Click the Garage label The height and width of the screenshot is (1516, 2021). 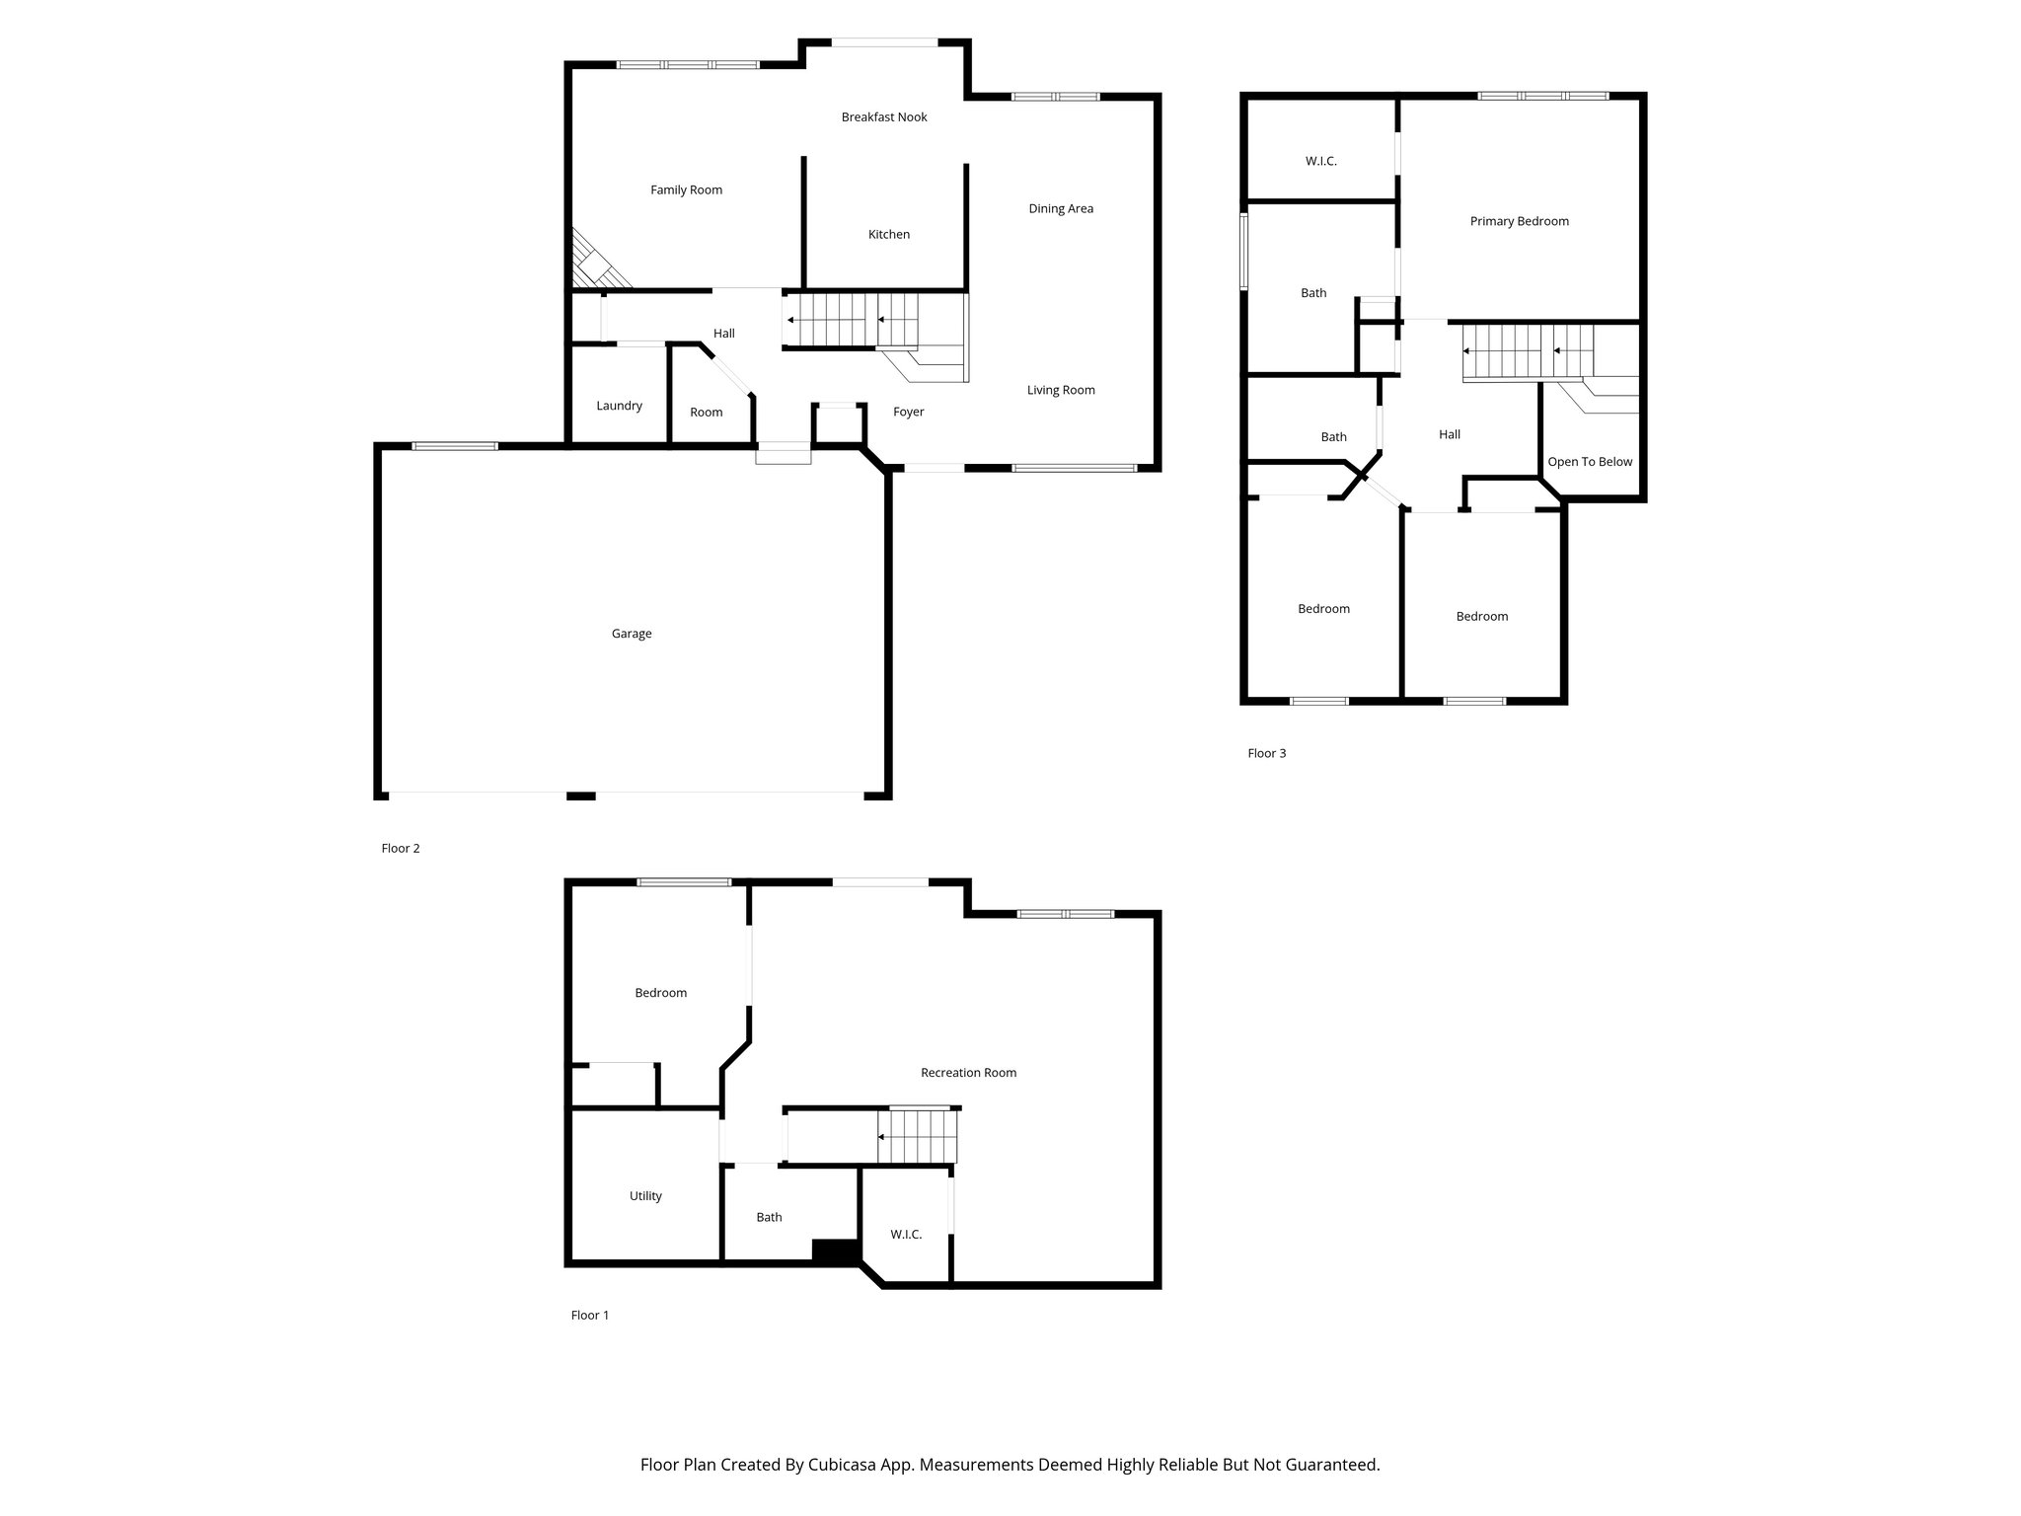(632, 634)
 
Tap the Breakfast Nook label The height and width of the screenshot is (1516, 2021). (884, 116)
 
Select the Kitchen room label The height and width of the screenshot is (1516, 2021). (889, 234)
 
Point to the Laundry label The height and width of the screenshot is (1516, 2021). (620, 406)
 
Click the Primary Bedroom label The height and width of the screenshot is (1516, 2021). (1519, 221)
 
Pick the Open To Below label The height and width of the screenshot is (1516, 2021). (1590, 462)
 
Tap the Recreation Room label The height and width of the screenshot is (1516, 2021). (968, 1073)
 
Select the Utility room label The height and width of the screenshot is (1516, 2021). (645, 1196)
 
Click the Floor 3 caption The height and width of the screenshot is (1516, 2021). (1267, 753)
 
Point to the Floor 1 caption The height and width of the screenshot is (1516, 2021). (590, 1315)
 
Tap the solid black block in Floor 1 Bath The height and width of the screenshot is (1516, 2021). (835, 1251)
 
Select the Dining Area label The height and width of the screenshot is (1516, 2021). (1061, 208)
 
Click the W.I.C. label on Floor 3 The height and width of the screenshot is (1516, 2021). (1321, 161)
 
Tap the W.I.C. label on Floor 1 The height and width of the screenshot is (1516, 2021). (906, 1235)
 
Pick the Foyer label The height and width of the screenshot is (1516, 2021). (909, 412)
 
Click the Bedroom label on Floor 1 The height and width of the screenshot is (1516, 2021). (660, 993)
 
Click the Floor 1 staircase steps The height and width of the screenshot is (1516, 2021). (919, 1136)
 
